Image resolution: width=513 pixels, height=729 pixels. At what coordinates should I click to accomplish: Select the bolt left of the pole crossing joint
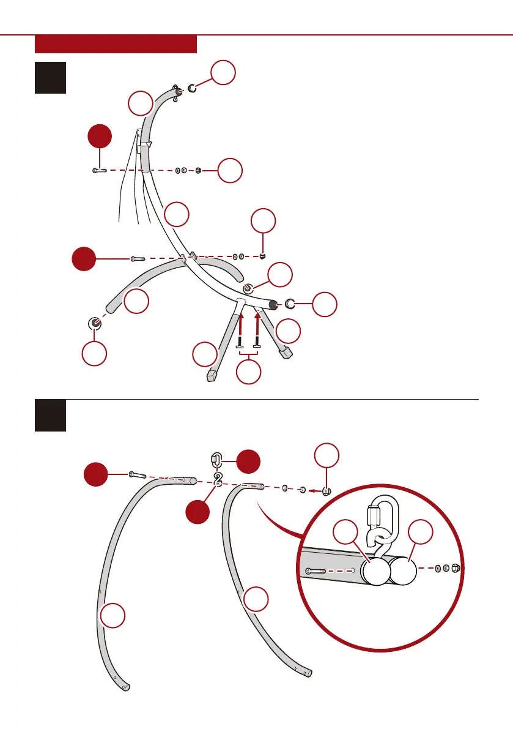click(x=137, y=260)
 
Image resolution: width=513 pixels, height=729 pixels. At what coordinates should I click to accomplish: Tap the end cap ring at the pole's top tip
click(x=192, y=89)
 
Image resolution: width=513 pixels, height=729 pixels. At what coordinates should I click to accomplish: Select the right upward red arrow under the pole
click(x=257, y=322)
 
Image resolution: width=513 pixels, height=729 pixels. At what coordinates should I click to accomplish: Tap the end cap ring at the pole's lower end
click(x=291, y=304)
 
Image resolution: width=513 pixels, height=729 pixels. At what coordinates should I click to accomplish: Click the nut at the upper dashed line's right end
click(x=199, y=171)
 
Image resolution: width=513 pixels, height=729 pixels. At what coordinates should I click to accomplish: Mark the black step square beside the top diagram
click(x=50, y=77)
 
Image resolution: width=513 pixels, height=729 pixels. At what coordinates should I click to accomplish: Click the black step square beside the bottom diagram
click(x=50, y=416)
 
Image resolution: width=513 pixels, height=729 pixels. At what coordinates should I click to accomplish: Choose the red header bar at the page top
click(x=116, y=44)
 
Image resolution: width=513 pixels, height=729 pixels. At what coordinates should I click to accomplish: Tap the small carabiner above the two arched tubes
click(x=215, y=459)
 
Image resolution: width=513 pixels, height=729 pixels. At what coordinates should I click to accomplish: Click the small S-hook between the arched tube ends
click(x=218, y=480)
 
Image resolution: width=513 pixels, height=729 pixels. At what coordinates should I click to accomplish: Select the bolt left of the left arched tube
click(x=136, y=474)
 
